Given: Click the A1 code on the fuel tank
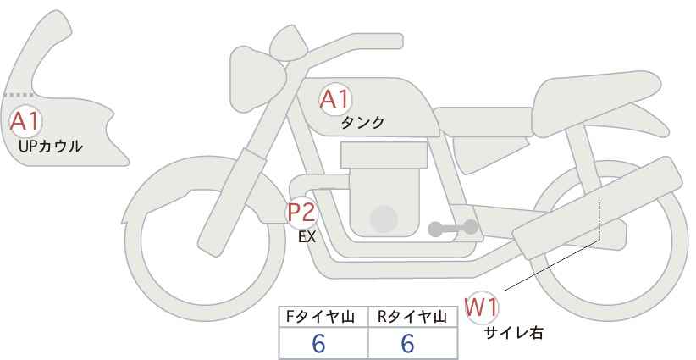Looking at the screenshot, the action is point(335,99).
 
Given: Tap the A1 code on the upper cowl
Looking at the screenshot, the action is point(25,121).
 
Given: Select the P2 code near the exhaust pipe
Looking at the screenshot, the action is point(302,212).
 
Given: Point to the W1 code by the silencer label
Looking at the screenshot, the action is point(481,307).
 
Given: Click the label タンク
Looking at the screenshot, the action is point(362,123).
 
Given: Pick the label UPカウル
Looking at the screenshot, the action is point(51,146).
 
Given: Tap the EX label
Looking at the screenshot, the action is point(307,237).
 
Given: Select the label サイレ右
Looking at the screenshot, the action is point(513,333).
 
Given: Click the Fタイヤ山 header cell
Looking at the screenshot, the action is point(320,317).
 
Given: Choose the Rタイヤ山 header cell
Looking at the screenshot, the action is point(412,317).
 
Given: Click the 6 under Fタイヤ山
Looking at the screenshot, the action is point(318,343).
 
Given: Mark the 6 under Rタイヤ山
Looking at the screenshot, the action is point(407,343).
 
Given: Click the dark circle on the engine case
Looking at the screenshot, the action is point(384,219).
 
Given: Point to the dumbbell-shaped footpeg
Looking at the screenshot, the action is point(453,228).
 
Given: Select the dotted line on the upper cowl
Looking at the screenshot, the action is point(18,95).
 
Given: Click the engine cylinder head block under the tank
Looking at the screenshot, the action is point(384,155).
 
